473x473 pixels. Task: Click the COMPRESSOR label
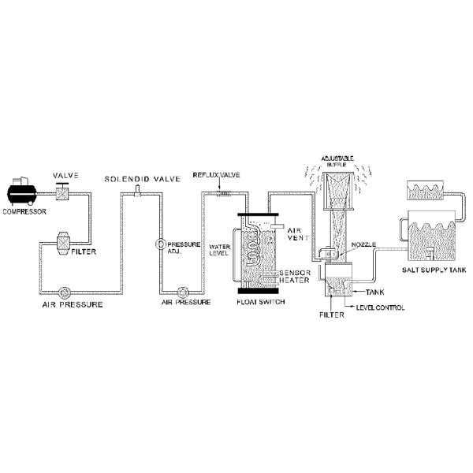tap(24, 211)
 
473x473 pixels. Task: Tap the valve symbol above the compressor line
tap(61, 190)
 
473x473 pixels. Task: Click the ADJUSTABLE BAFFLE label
tap(337, 162)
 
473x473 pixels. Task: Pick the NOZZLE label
tap(363, 245)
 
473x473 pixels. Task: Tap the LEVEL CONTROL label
tap(381, 307)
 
